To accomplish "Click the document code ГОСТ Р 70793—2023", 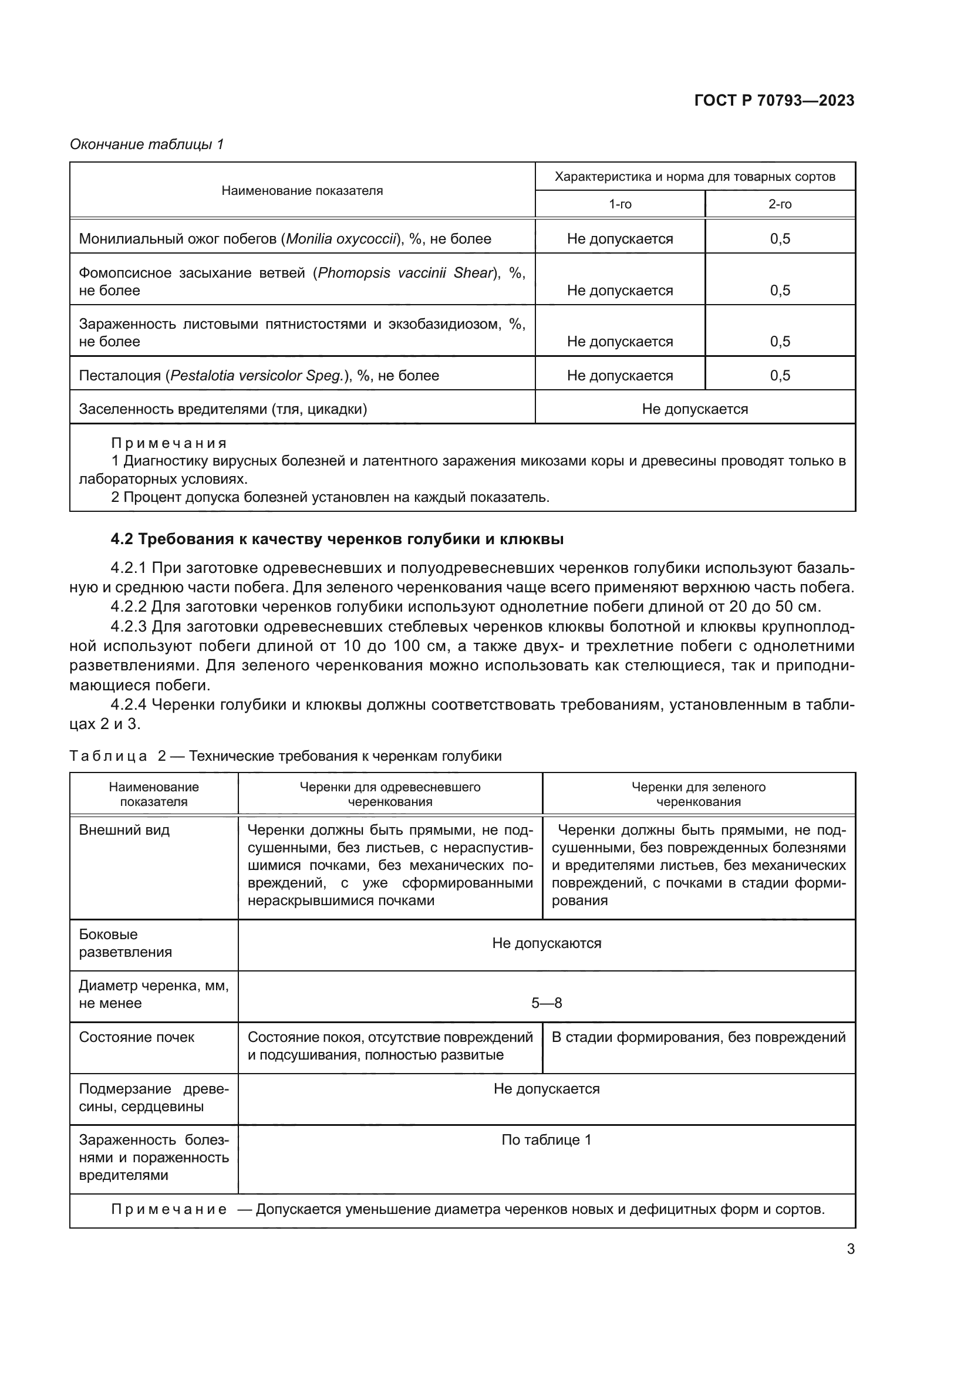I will point(774,100).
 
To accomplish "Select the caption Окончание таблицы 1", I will point(147,144).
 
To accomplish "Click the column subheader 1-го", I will point(619,204).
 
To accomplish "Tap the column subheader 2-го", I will point(780,204).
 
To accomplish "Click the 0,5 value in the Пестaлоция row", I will point(780,376).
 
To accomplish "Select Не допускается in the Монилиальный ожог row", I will point(619,239).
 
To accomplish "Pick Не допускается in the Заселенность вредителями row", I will point(694,409).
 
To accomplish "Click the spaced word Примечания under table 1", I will point(169,443).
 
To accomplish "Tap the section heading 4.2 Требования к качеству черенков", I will point(336,539).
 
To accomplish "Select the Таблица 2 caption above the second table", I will point(285,756).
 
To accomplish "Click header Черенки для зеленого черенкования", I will point(699,794).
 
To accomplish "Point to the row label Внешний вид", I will point(124,830).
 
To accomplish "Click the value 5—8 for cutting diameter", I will point(547,1003).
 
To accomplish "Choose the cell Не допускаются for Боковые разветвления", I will point(547,943).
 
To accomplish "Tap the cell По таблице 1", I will point(547,1140).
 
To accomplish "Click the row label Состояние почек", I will point(136,1037).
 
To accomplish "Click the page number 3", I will point(850,1249).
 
